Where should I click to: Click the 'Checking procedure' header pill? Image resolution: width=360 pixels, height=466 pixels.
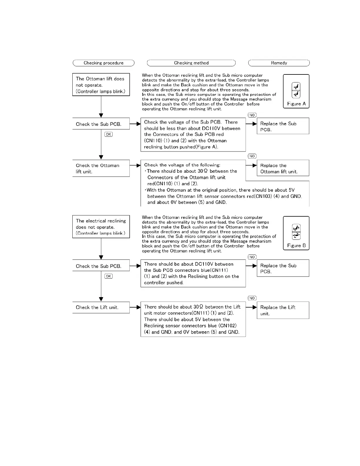tap(104, 63)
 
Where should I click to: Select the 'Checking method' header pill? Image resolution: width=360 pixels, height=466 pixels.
tap(191, 63)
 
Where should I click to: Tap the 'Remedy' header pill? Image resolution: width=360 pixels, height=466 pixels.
tap(279, 63)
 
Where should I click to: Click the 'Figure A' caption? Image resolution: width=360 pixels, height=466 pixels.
tap(296, 104)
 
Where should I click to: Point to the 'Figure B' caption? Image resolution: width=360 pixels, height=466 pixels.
tap(296, 246)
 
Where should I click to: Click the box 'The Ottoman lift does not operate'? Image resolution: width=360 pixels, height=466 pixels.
tap(101, 85)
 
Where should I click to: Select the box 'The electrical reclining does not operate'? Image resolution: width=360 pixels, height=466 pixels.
tap(101, 227)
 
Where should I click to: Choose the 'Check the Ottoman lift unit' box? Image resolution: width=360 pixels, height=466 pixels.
tap(101, 168)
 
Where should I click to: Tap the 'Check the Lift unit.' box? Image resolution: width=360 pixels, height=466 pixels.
tap(101, 307)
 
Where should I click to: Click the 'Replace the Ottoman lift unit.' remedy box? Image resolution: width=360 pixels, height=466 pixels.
tap(283, 168)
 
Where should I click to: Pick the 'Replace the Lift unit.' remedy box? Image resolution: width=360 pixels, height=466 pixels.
tap(283, 310)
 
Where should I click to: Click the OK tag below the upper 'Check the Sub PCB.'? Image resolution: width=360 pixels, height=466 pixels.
tap(109, 134)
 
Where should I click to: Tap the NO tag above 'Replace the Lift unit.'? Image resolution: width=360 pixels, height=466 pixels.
tap(252, 298)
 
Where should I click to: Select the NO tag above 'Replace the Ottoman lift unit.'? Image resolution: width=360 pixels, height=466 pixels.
tap(252, 156)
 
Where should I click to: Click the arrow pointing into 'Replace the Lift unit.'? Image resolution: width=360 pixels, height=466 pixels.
tap(251, 307)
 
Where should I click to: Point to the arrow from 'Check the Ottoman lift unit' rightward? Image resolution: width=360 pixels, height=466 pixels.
tap(135, 166)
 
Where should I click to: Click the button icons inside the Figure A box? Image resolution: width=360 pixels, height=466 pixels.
tap(296, 90)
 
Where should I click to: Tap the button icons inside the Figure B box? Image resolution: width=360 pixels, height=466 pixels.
tap(296, 232)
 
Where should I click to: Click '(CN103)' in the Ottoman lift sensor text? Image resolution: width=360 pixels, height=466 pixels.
tap(262, 196)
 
